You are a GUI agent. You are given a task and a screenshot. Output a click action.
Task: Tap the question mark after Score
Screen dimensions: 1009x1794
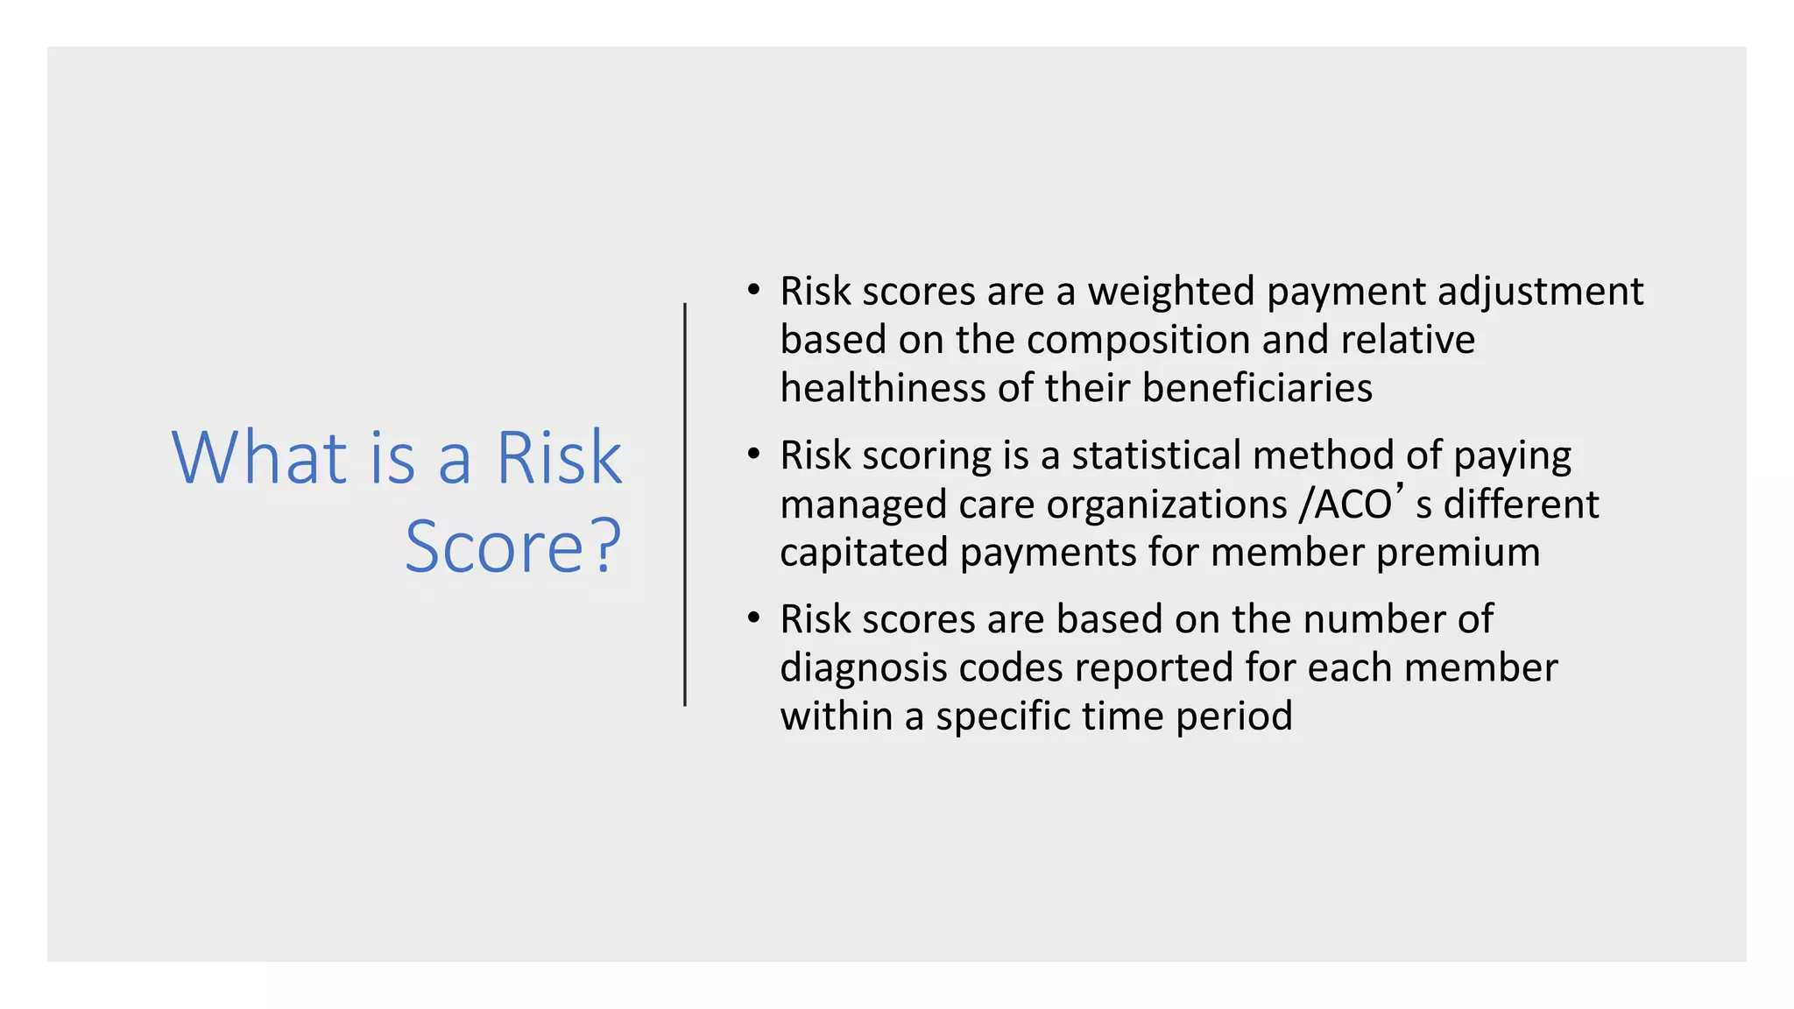tap(605, 547)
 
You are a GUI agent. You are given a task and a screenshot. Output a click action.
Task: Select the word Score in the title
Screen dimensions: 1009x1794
tap(493, 547)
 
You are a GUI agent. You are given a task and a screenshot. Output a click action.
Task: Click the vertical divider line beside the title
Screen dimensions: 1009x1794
tap(685, 504)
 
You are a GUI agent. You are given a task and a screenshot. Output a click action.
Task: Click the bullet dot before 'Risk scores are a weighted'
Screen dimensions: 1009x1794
tap(753, 289)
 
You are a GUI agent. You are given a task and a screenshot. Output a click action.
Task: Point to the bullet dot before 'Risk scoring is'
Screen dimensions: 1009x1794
tap(753, 454)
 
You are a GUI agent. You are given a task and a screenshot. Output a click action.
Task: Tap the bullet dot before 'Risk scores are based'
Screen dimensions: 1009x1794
tap(753, 617)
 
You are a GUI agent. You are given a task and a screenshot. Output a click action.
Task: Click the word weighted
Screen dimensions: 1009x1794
tap(1171, 292)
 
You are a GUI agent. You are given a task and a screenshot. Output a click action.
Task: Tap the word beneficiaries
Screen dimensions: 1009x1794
tap(1257, 388)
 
